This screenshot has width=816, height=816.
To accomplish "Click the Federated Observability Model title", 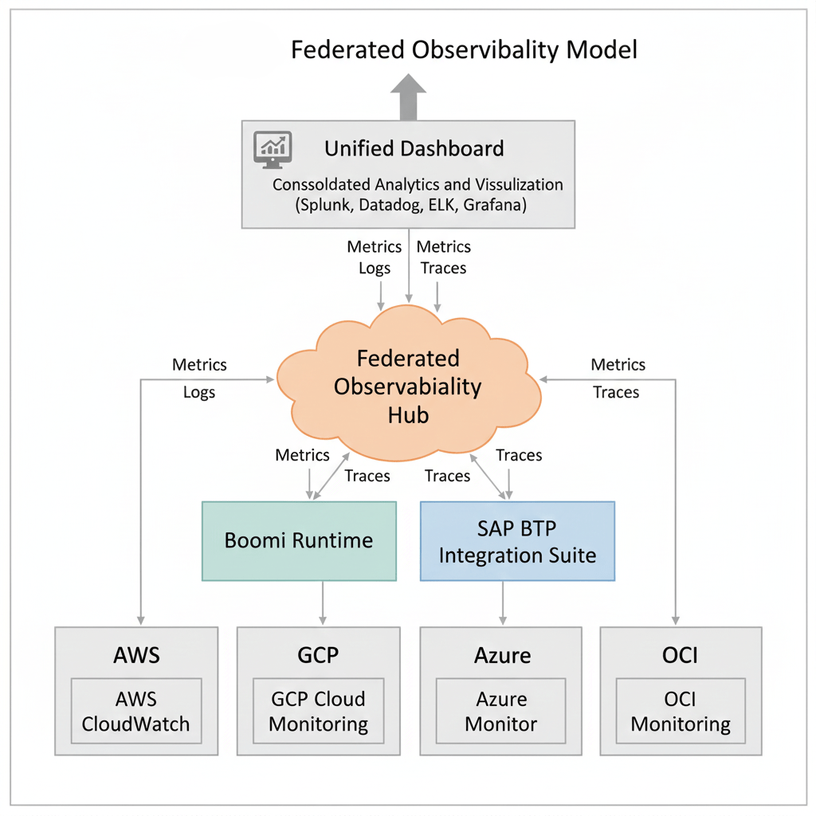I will point(464,50).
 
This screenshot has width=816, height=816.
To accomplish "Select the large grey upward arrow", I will point(408,96).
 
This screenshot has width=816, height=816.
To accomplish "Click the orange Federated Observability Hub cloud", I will point(408,387).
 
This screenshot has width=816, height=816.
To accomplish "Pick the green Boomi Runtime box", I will point(299,540).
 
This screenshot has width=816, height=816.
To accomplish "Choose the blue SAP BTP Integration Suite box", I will point(517,540).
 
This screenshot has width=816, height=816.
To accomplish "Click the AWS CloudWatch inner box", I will point(136,712).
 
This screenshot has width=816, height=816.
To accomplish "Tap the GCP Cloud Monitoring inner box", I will point(318,712).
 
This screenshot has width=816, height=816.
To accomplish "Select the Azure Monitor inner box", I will point(501,712).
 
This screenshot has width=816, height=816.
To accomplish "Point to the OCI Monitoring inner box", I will point(681,712).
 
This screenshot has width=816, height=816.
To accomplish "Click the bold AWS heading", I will point(136,655).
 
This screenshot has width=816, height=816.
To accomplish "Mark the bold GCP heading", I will point(318,655).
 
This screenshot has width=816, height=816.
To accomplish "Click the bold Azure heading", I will point(502,655).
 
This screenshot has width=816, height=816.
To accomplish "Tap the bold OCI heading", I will point(681,655).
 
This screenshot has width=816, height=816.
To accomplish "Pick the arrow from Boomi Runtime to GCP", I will point(322,603).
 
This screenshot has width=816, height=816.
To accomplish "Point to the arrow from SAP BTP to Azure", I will point(502,603).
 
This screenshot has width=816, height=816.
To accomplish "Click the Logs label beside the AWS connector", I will point(199,392).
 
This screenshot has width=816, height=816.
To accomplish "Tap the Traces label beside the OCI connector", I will point(617,392).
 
